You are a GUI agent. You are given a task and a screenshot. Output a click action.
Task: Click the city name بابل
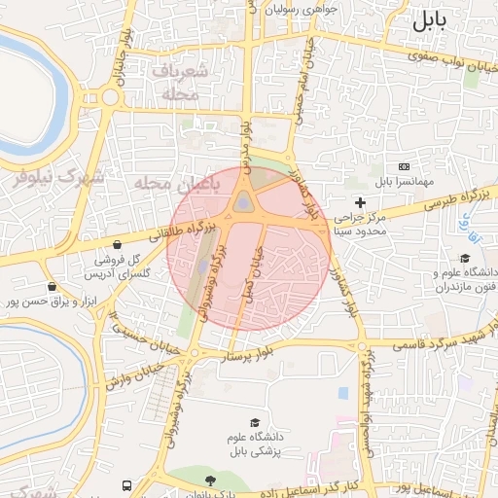pyautogui.click(x=434, y=21)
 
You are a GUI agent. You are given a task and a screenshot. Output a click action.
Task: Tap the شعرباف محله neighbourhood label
pyautogui.click(x=180, y=83)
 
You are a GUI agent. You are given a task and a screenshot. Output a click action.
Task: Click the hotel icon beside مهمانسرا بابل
pyautogui.click(x=404, y=169)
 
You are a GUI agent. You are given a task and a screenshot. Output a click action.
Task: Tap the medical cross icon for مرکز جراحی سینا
pyautogui.click(x=361, y=202)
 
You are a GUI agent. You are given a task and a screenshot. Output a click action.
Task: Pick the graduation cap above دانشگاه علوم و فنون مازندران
pyautogui.click(x=465, y=259)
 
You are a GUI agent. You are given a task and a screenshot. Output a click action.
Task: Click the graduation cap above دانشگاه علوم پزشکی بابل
pyautogui.click(x=255, y=423)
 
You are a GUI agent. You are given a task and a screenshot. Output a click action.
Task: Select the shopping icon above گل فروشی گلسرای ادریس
pyautogui.click(x=118, y=245)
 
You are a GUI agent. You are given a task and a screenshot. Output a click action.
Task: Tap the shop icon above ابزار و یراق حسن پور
pyautogui.click(x=52, y=287)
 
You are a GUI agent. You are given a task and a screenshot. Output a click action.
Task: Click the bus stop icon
pyautogui.click(x=126, y=484)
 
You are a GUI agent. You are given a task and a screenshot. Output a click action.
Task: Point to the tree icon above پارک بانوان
pyautogui.click(x=210, y=480)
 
